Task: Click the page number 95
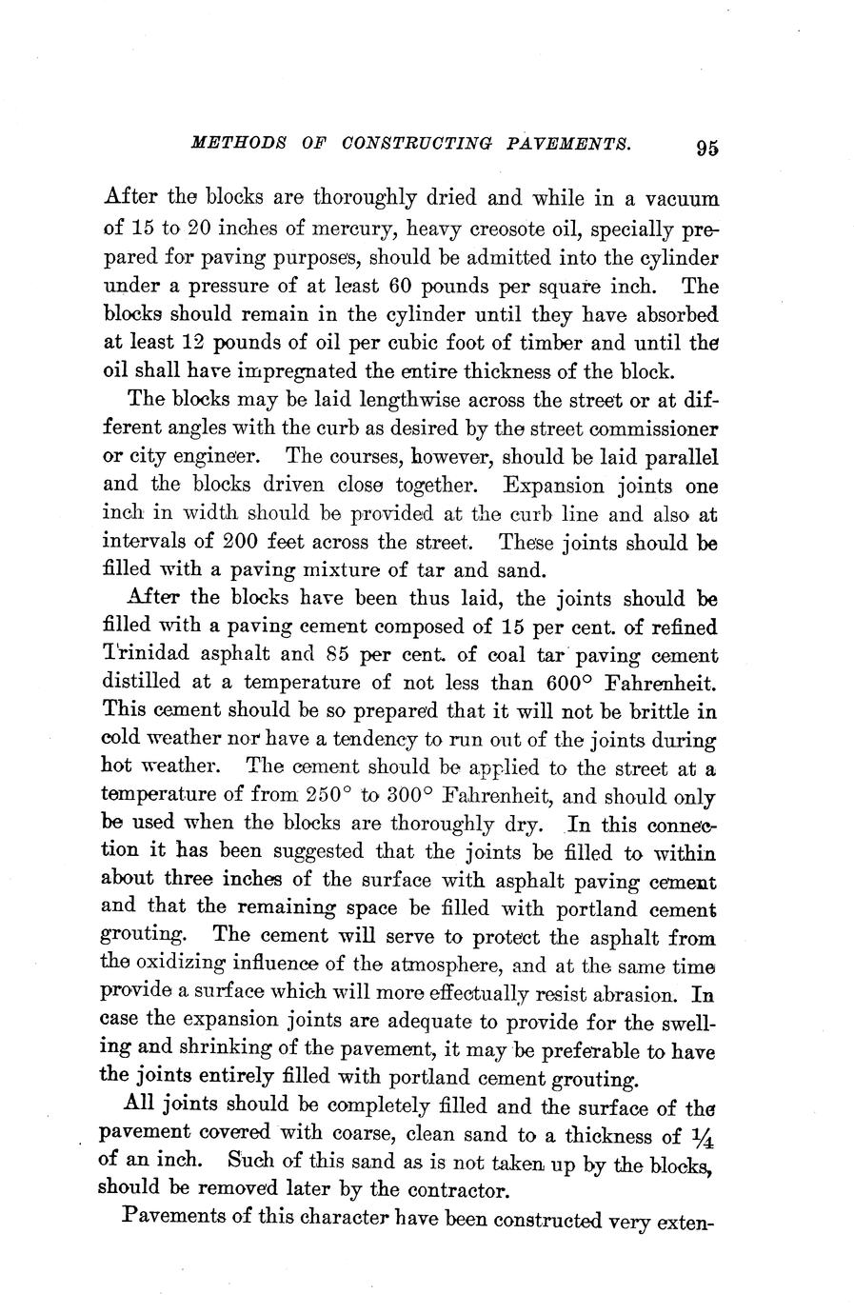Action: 705,148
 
